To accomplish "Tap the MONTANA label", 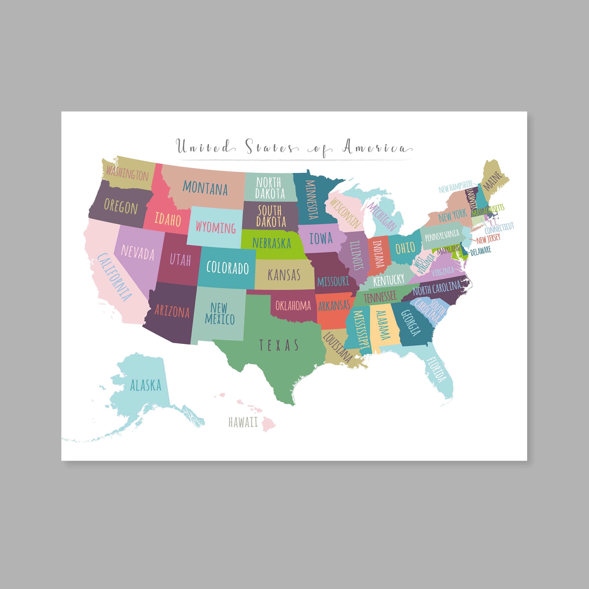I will [205, 188].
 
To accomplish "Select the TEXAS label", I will [279, 345].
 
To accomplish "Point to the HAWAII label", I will [243, 422].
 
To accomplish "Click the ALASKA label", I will [146, 385].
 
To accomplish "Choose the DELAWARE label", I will [481, 251].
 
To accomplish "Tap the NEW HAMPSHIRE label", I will [455, 187].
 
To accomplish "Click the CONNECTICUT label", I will [499, 228].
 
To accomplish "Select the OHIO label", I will [405, 248].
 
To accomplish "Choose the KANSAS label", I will [284, 275].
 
